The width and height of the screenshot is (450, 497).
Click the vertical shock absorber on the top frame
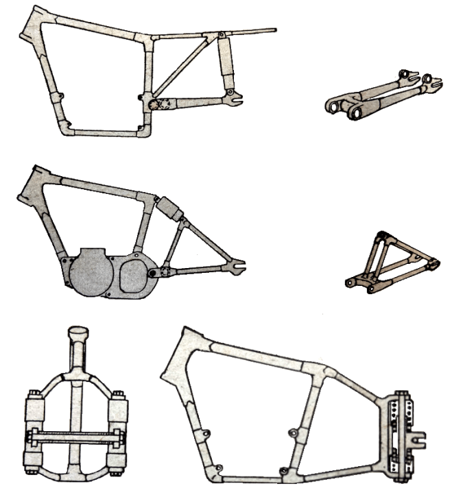tap(226, 62)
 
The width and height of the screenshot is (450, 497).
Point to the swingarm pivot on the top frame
tap(154, 104)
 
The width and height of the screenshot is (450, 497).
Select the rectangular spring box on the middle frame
tap(169, 206)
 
